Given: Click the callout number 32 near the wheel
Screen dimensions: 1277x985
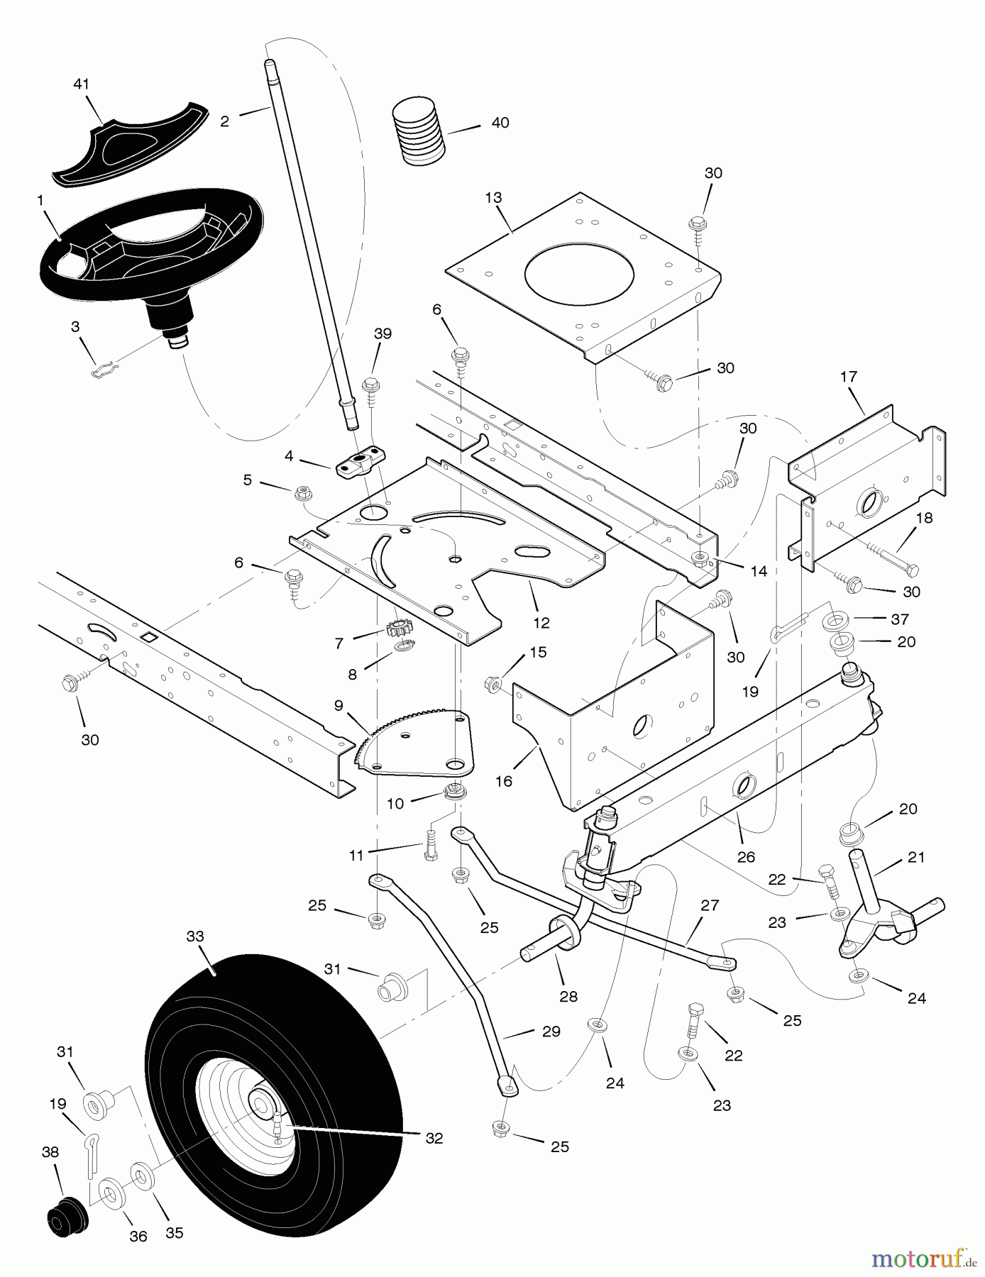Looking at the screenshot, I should (434, 1138).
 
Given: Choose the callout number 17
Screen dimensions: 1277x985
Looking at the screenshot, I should (849, 377).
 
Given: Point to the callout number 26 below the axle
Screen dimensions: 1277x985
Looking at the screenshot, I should (746, 857).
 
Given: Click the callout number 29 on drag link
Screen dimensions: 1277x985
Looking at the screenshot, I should (551, 1032).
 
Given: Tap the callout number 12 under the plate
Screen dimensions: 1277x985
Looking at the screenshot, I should (541, 623).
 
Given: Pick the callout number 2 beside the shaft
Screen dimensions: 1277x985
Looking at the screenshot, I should (225, 121).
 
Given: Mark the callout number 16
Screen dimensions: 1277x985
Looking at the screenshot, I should (504, 781).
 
